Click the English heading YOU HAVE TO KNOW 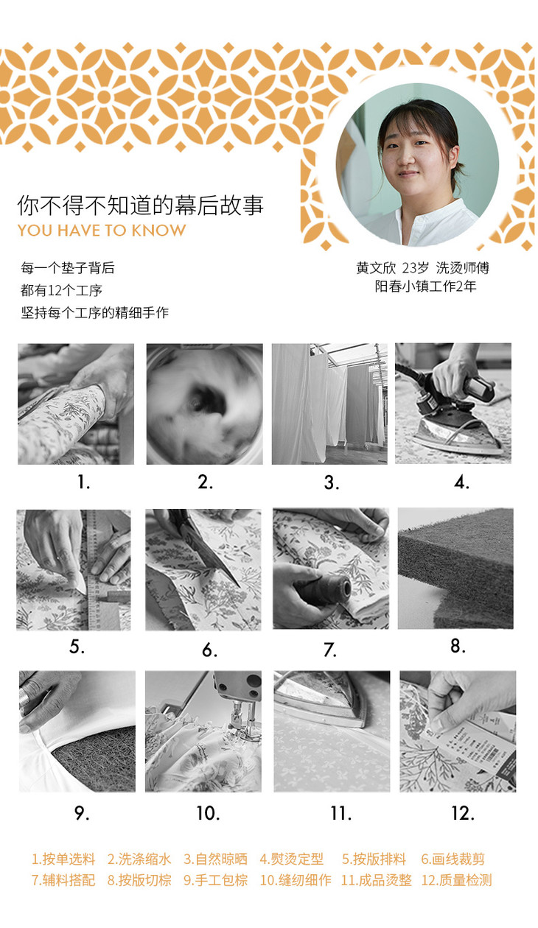[x=102, y=231]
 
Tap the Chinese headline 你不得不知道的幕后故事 [x=140, y=205]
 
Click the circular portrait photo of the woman [x=417, y=164]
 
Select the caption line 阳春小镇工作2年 [x=425, y=287]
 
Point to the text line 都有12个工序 [x=61, y=290]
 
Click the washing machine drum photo [x=204, y=404]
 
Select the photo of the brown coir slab [x=455, y=569]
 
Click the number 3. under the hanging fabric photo [x=332, y=482]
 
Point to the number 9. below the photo [x=82, y=813]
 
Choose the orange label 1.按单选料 [x=64, y=859]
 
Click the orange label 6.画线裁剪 [x=453, y=859]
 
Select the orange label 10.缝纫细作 [x=296, y=880]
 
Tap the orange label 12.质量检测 [x=457, y=880]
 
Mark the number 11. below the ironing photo [x=340, y=814]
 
